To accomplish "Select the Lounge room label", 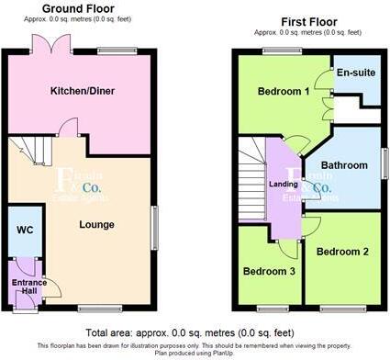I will pos(96,224).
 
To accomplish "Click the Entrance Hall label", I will pos(28,287).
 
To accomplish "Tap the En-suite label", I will pos(356,73).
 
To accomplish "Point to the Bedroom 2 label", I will pos(342,251).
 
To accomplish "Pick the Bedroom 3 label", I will pos(270,272).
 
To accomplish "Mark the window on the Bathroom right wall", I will pos(384,164).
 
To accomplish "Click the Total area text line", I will pos(195,333).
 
